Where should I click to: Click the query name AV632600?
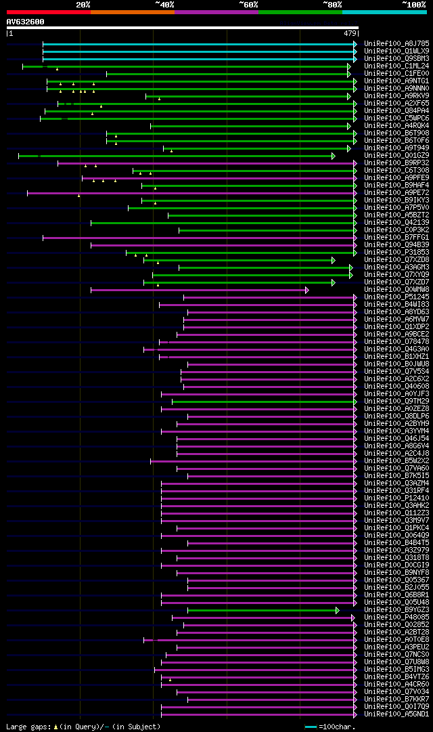(26, 22)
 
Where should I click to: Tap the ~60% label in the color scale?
(248, 5)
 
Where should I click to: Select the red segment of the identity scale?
(48, 12)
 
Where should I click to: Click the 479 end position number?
(350, 33)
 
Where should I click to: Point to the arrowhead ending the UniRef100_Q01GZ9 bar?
(334, 156)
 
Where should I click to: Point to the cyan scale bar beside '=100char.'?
(311, 727)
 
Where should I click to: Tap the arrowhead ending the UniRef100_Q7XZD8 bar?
(334, 260)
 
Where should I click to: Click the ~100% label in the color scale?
(413, 5)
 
